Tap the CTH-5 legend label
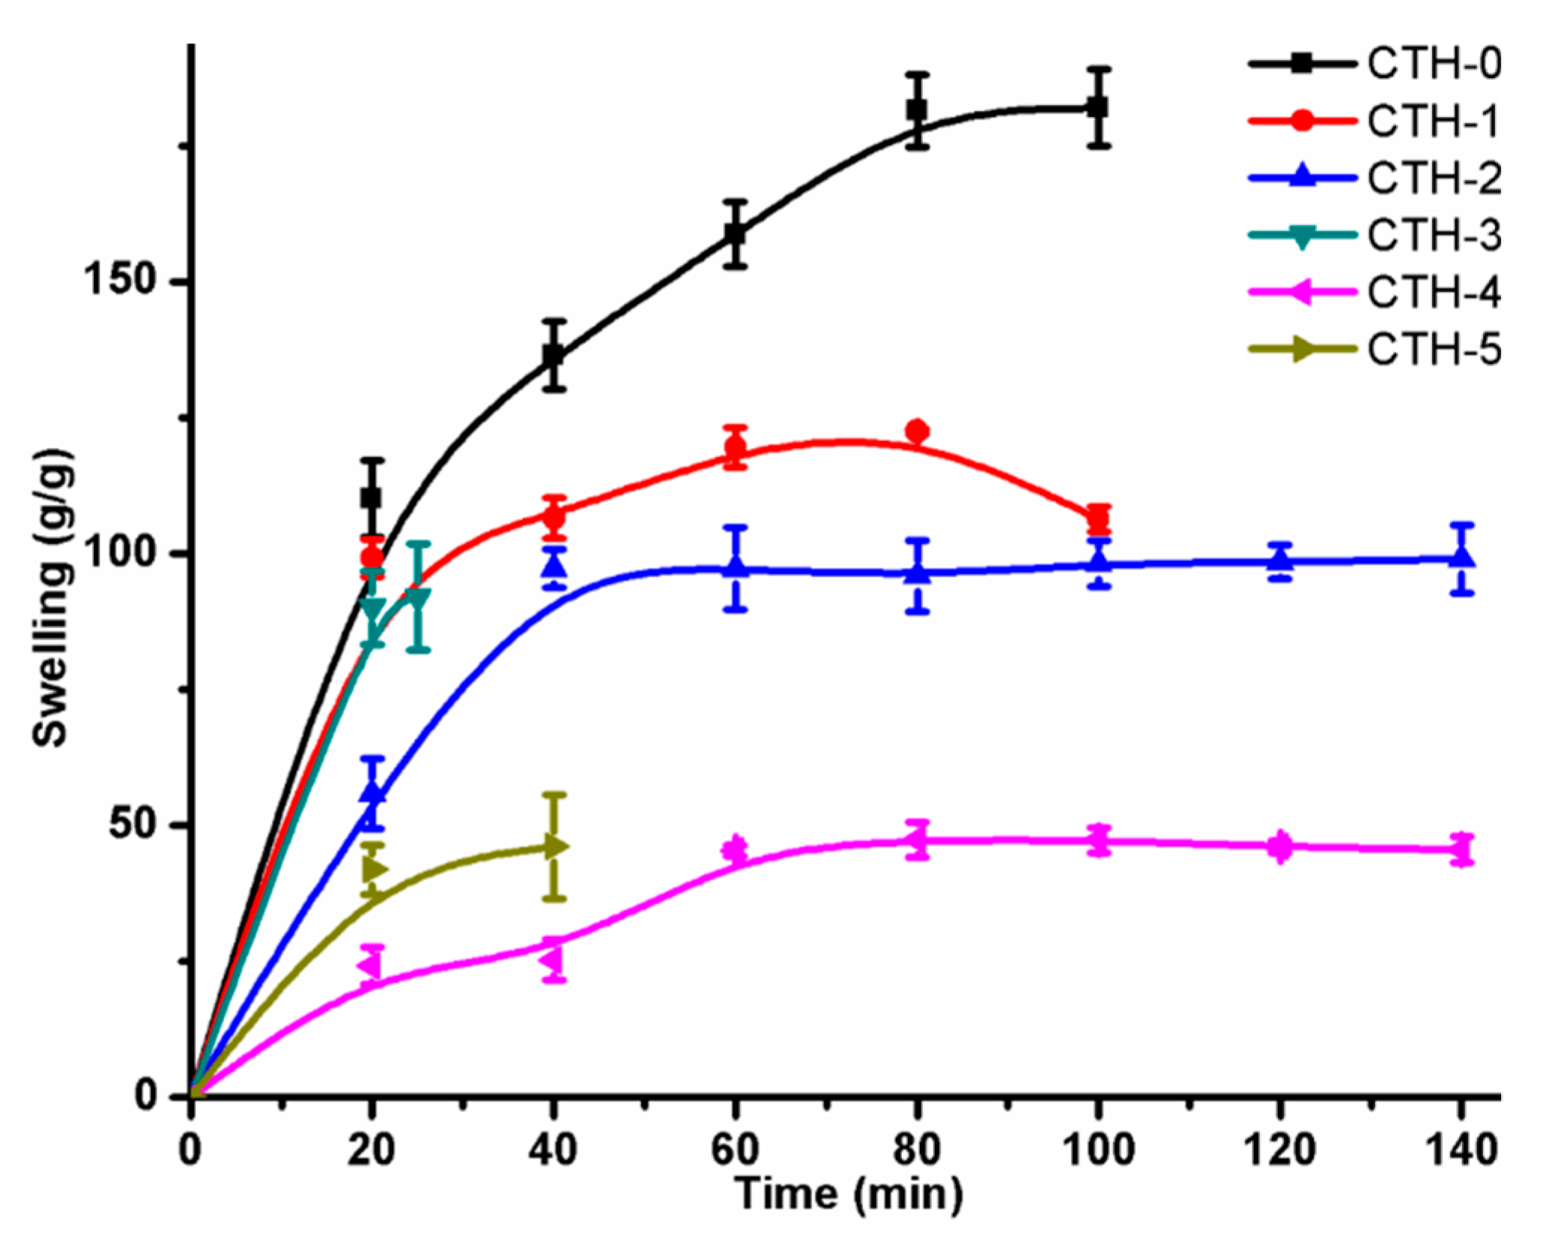1432,349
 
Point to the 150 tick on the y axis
124,282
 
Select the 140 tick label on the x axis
1459,1148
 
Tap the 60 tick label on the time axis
735,1148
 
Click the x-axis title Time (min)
848,1193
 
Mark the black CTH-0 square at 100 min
1098,107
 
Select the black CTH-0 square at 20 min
371,497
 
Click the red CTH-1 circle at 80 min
917,431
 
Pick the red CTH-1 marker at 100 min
1098,518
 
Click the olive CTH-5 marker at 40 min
555,846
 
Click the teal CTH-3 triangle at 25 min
419,598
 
